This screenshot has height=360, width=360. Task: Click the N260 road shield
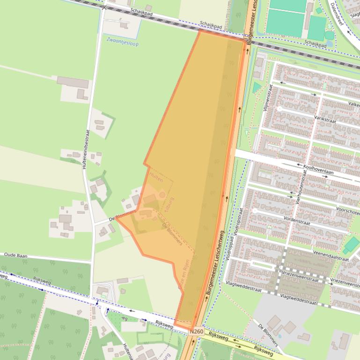pos(197,331)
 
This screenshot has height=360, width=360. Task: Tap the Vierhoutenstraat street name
pos(298,192)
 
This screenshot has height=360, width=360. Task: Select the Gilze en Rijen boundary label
pos(185,276)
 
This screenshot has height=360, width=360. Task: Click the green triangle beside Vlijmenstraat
pos(256,87)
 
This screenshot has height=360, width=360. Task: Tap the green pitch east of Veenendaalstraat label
pos(352,245)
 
